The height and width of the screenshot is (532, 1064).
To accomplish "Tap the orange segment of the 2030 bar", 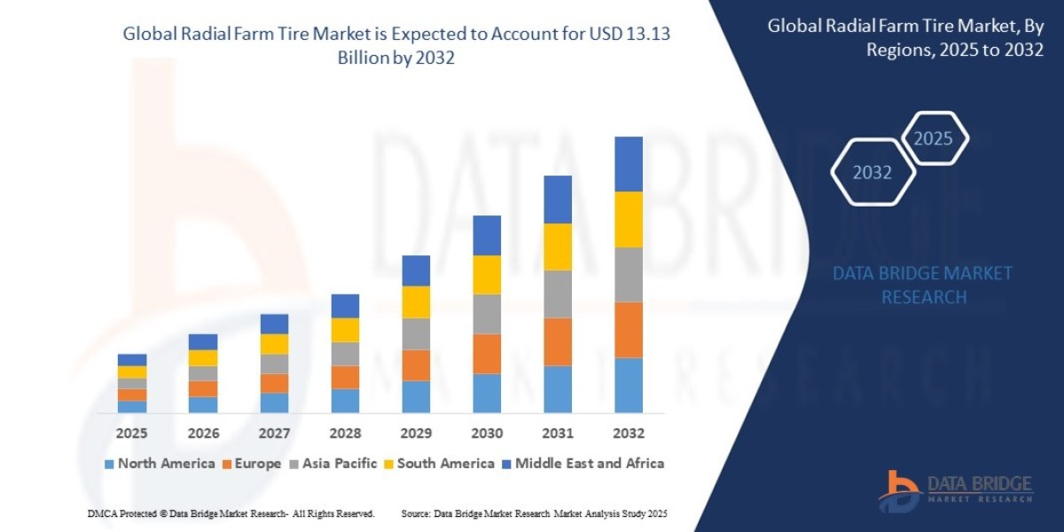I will click(x=487, y=353).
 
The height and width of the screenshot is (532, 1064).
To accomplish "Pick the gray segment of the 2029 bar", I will click(x=416, y=333).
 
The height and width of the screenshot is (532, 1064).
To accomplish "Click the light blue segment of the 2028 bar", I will click(x=345, y=400).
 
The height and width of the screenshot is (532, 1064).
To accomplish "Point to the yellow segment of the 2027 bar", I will click(x=274, y=344).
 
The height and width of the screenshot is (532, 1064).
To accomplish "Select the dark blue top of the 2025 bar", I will click(x=132, y=360).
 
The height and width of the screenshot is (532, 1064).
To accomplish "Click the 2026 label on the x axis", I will click(x=203, y=434).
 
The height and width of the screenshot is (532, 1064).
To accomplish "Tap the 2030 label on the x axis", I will click(x=487, y=434).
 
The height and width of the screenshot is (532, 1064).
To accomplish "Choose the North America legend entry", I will click(x=160, y=463).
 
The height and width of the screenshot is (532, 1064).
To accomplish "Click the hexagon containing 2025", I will click(x=933, y=138).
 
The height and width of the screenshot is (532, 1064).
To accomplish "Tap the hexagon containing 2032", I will click(x=872, y=173).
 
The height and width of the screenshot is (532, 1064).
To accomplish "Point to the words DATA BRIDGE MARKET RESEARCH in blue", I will click(x=922, y=285).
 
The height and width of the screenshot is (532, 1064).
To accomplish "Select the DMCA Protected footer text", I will click(x=231, y=513).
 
